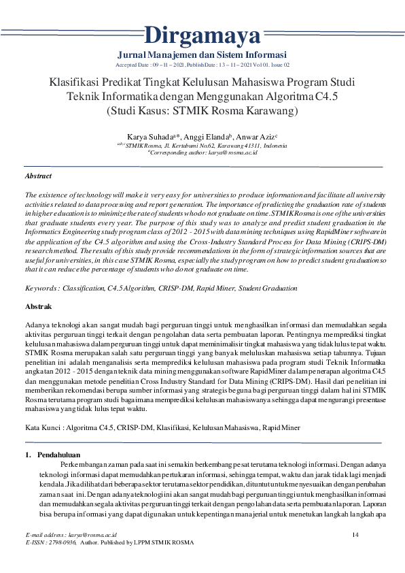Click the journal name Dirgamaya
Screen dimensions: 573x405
[202, 33]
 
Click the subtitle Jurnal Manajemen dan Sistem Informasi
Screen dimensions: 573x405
[202, 54]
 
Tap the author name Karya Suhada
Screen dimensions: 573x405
[148, 136]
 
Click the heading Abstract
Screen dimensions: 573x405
[38, 176]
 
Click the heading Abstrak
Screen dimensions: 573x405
[38, 307]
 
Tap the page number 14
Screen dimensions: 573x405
[355, 536]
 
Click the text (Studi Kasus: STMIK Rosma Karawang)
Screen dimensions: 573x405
[202, 110]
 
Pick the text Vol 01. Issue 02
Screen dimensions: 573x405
[269, 64]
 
